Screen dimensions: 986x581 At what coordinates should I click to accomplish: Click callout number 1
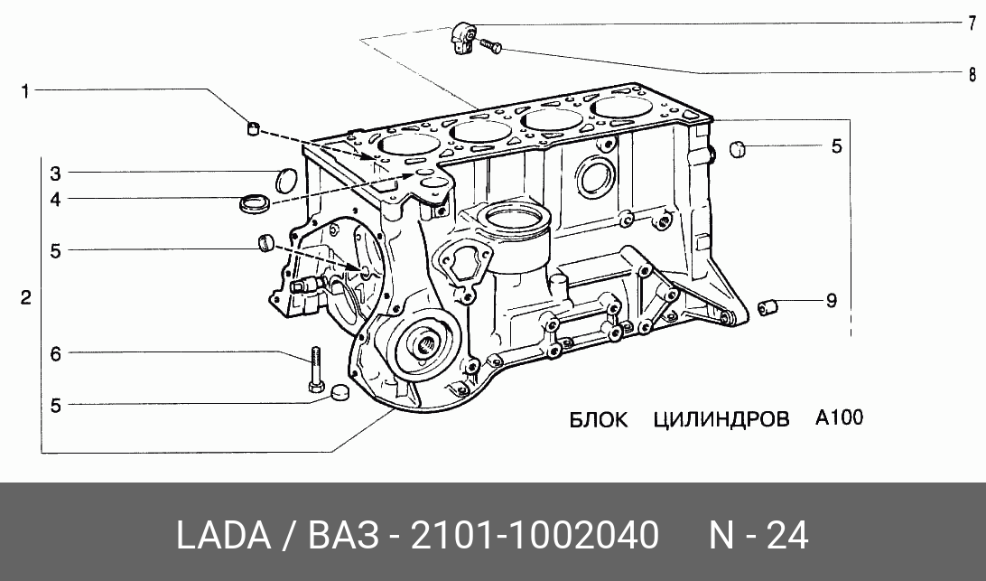pyautogui.click(x=25, y=92)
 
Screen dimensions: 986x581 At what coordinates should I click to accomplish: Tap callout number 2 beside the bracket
pyautogui.click(x=25, y=297)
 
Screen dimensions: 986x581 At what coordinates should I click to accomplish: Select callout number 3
pyautogui.click(x=55, y=173)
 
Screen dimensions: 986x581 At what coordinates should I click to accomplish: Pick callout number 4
pyautogui.click(x=55, y=200)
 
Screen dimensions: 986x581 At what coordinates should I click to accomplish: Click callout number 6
pyautogui.click(x=55, y=354)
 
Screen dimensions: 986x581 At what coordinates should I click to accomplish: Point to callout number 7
pyautogui.click(x=972, y=23)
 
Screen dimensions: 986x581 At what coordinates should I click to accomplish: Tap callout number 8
pyautogui.click(x=972, y=74)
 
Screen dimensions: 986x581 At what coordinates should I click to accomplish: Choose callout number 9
pyautogui.click(x=832, y=301)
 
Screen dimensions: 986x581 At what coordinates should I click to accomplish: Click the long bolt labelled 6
pyautogui.click(x=315, y=370)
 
